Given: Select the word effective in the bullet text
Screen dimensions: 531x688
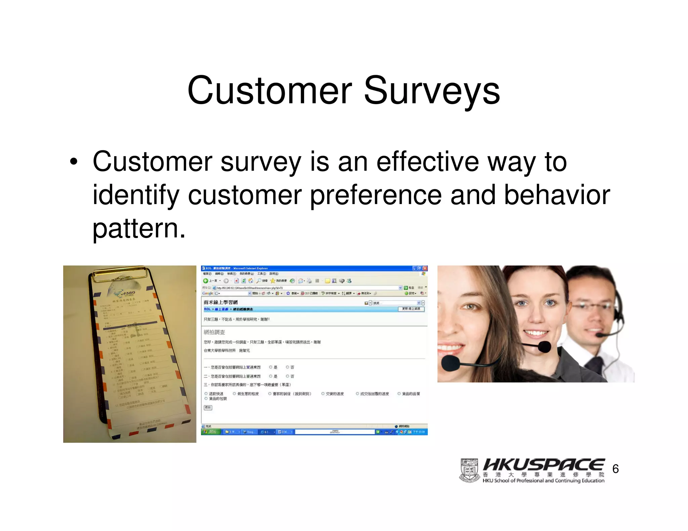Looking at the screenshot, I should pos(427,162).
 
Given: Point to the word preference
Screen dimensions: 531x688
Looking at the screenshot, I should pos(375,195).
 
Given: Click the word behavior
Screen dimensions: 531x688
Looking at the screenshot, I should pos(557,195).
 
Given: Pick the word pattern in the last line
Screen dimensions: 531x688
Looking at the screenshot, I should pos(138,229).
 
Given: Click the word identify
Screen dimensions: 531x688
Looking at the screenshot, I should pos(136,195).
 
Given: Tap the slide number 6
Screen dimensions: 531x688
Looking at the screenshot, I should pos(615,469).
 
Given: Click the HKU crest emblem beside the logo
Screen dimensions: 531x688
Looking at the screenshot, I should pos(469,470).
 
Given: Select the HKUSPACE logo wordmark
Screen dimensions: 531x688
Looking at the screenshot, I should pos(543,465).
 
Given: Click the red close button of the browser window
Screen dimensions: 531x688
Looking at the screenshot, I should pos(425,268).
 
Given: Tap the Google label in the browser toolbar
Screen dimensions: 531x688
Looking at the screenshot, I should pos(208,293).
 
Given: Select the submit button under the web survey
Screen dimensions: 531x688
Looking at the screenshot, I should pos(208,407).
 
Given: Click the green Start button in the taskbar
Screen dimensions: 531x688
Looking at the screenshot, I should pos(211,432).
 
